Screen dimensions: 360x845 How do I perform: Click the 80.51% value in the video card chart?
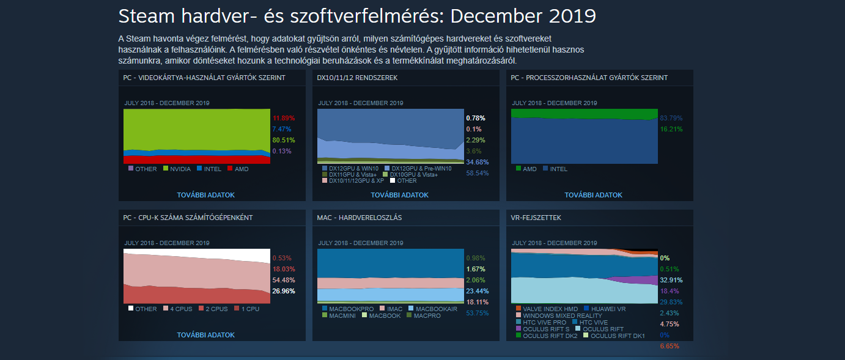point(283,140)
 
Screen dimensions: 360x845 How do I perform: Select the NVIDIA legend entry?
point(180,169)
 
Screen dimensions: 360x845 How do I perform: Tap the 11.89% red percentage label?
point(283,118)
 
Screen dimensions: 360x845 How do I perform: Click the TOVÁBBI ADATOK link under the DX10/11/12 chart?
point(399,195)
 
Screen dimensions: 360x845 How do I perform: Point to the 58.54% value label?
point(478,173)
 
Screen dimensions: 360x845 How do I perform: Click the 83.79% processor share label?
point(671,118)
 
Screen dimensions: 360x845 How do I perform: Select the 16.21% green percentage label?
point(671,129)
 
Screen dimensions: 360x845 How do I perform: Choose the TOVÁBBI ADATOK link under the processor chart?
point(593,195)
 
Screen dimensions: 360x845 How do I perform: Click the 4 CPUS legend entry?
point(184,309)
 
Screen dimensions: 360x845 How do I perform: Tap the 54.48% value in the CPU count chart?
point(283,280)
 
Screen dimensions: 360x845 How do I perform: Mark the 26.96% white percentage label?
point(283,291)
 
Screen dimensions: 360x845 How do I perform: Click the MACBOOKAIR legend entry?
point(436,309)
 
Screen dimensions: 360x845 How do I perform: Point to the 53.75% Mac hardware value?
point(478,313)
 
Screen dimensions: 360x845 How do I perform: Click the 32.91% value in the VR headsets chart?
point(671,280)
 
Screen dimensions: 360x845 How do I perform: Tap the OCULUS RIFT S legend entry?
point(545,329)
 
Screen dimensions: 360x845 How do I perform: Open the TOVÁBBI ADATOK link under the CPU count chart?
point(205,335)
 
